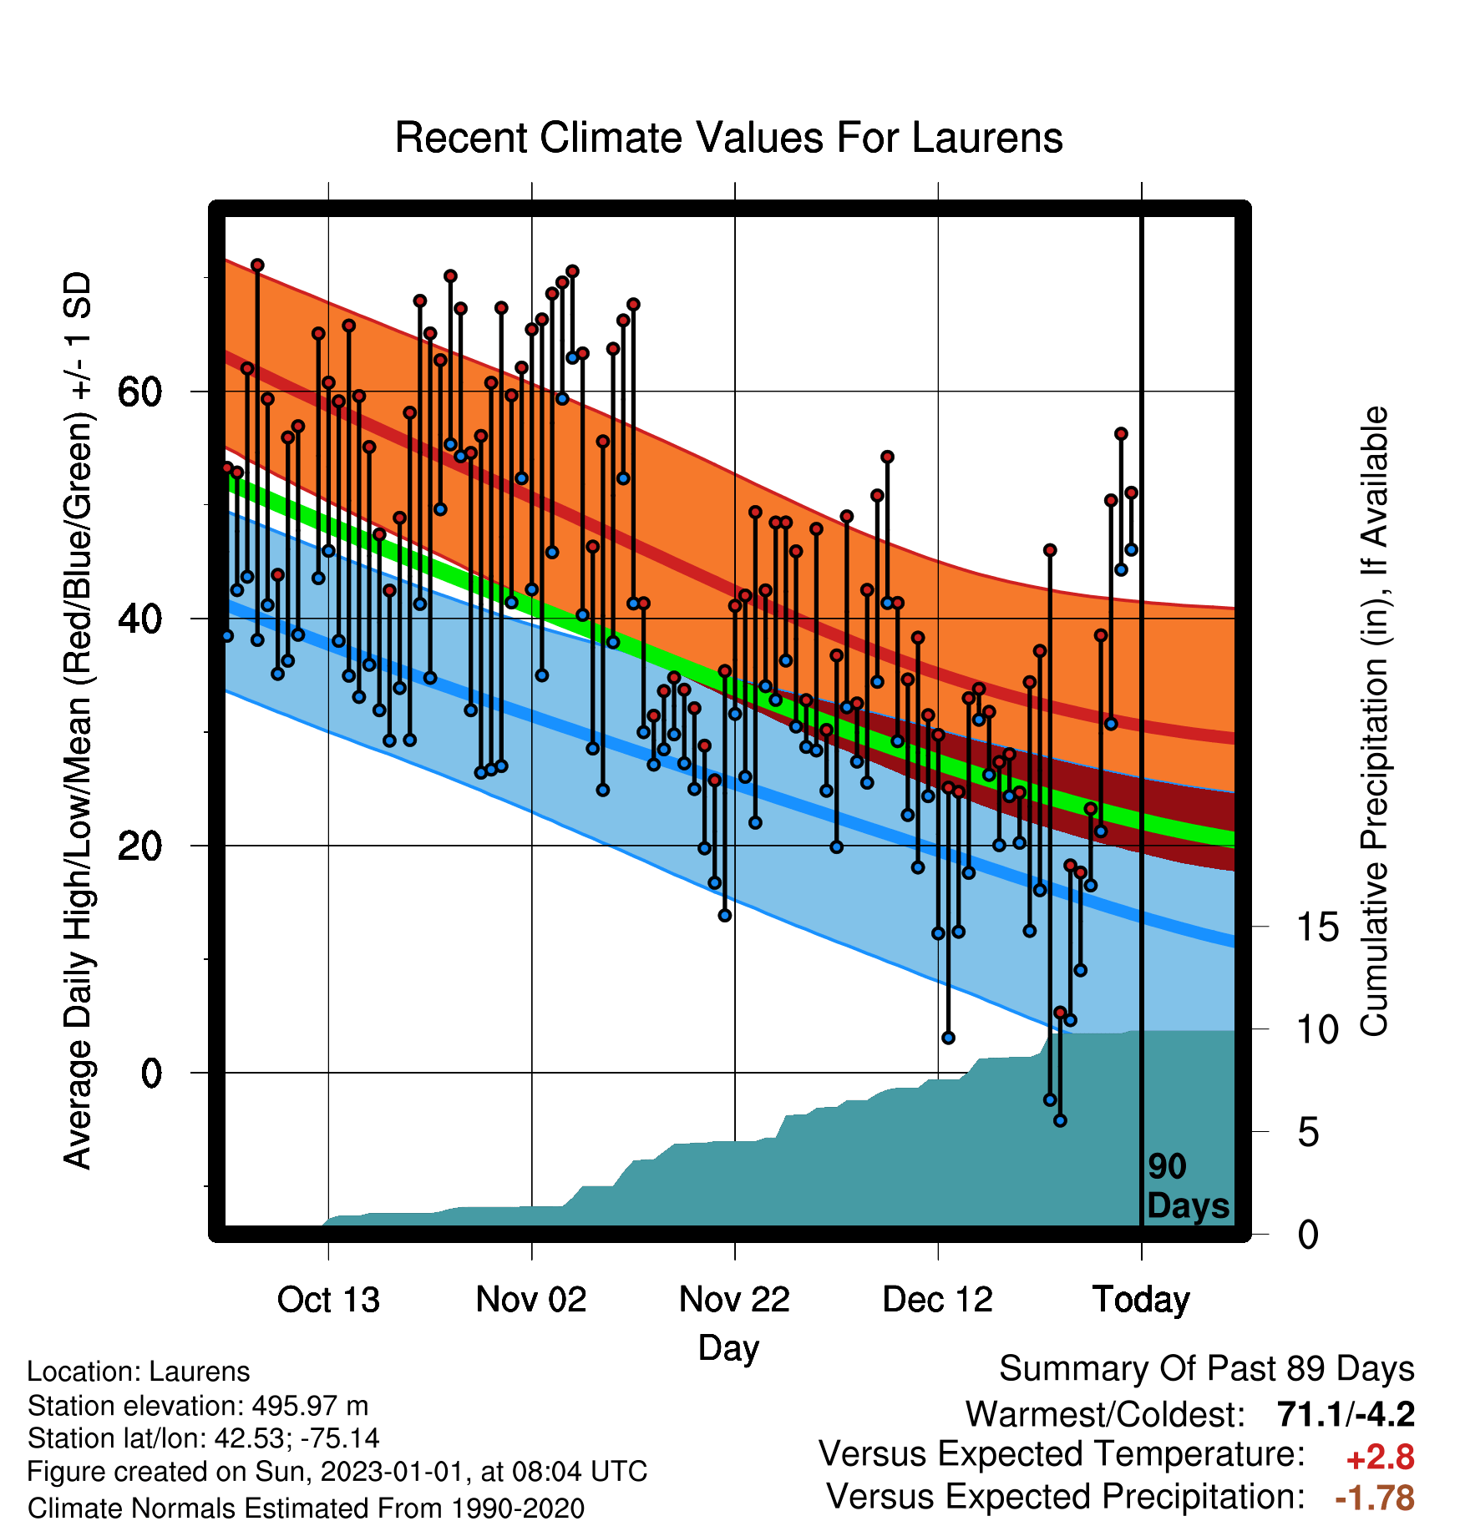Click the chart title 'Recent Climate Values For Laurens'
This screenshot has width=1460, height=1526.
tap(728, 138)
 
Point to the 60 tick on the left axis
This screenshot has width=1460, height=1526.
tap(139, 392)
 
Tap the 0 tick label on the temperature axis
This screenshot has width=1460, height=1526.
tap(151, 1073)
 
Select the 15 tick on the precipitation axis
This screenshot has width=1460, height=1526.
tap(1317, 927)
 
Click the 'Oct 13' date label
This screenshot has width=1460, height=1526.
tap(328, 1300)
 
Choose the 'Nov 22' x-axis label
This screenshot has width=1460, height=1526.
tap(734, 1300)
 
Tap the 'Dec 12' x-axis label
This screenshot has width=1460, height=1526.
tap(937, 1300)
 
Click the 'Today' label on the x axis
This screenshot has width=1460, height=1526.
tap(1141, 1300)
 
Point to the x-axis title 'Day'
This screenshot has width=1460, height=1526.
tap(728, 1348)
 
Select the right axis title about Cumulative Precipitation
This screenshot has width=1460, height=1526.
tap(1374, 721)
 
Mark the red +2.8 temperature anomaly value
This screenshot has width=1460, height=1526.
tap(1380, 1458)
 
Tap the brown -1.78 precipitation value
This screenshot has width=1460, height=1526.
tap(1375, 1498)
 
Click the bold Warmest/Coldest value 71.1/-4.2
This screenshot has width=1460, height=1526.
tap(1346, 1414)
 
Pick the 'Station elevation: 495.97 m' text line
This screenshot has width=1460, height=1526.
tap(198, 1406)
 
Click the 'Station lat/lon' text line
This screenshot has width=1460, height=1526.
tap(204, 1438)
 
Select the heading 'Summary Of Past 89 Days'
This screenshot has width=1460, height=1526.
tap(1207, 1369)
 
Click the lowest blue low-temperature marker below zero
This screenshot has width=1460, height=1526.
tap(1060, 1120)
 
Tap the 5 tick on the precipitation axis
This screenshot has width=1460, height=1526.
tap(1308, 1132)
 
